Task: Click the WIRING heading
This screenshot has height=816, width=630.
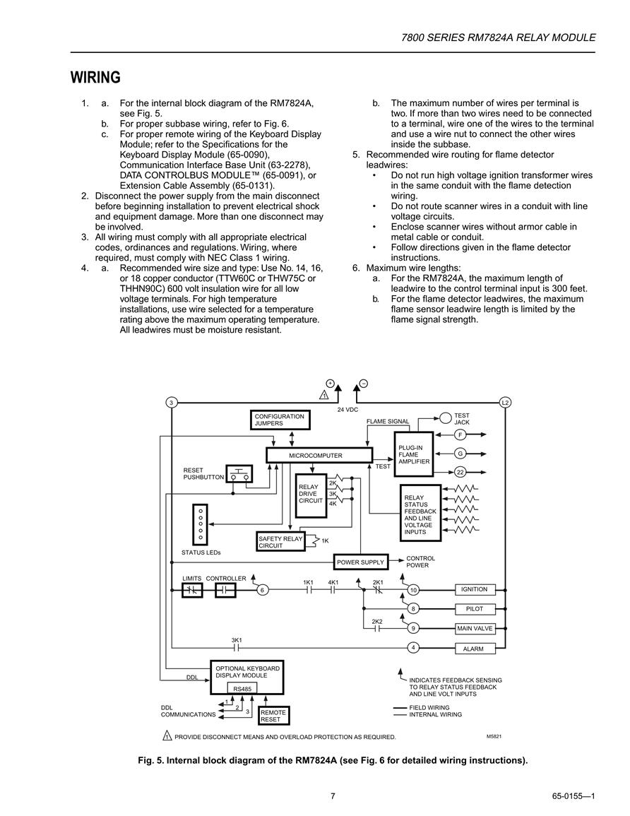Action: [95, 78]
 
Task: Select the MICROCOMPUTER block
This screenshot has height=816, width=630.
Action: [319, 456]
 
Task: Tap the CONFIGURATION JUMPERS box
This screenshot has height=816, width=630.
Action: [280, 420]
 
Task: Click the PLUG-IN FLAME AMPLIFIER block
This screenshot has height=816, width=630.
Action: [414, 454]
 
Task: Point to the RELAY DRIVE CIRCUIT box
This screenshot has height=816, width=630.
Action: [311, 495]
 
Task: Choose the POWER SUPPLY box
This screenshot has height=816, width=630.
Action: [360, 562]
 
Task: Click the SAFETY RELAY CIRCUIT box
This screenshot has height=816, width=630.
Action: [281, 542]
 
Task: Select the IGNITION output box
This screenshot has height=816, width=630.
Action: [475, 590]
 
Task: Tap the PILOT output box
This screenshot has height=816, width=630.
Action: [475, 609]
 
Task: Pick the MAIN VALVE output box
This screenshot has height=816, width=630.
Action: [475, 629]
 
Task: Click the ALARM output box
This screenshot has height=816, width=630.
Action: [475, 649]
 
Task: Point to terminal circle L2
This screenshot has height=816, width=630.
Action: [504, 402]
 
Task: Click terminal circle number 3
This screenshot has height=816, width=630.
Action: [171, 402]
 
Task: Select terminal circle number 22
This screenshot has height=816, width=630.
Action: [460, 473]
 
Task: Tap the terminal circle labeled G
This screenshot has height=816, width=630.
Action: [460, 454]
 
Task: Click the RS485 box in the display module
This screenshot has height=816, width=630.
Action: [242, 689]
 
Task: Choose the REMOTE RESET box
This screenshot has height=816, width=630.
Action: [273, 716]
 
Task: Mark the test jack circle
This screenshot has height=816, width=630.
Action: [446, 418]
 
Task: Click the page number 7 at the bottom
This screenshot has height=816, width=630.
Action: [333, 796]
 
